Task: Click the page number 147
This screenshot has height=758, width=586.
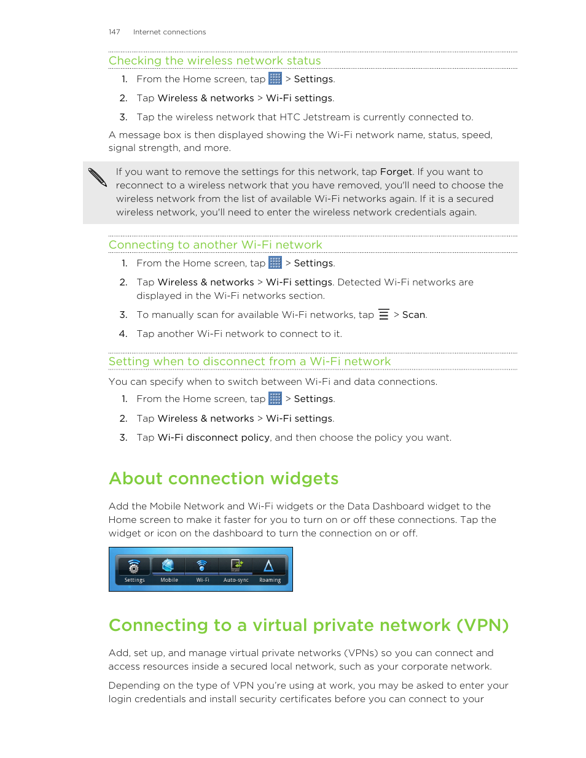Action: coord(114,32)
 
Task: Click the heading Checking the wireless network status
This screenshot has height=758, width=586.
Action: coord(214,61)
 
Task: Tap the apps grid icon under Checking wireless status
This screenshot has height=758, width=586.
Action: coord(275,79)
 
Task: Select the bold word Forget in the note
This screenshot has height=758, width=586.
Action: coord(396,172)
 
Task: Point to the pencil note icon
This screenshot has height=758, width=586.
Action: coord(97,177)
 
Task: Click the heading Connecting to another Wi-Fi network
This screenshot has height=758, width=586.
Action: coord(215,245)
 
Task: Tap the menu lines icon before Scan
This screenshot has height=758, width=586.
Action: coord(384,314)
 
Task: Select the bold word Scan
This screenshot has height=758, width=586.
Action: coord(413,315)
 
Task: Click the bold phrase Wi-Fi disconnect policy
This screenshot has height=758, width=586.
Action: coord(213,438)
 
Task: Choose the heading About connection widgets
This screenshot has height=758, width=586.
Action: coord(224,479)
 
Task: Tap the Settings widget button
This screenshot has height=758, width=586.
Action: coord(135,570)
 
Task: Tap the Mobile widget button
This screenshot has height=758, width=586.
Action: coord(169,570)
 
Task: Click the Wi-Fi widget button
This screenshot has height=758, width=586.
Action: coord(202,570)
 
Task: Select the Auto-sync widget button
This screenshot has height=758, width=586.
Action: coord(236,570)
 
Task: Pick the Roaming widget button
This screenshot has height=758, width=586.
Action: coord(270,570)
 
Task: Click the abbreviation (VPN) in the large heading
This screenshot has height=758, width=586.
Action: coord(482,625)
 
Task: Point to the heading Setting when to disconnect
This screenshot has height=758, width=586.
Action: coord(249,362)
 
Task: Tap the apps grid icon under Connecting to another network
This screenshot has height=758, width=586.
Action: coord(275,263)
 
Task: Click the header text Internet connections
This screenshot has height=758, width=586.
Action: coord(170,32)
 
